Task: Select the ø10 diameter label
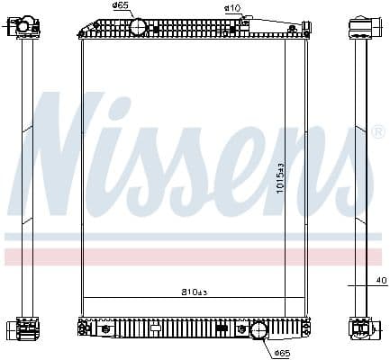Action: [231, 8]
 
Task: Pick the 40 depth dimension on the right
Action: [381, 281]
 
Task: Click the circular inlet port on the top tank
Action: [138, 27]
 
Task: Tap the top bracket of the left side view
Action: [25, 26]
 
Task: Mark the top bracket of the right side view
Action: [360, 26]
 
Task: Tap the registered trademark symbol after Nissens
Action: [378, 132]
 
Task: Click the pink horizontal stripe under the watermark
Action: [195, 256]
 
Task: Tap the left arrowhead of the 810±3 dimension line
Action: [83, 298]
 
